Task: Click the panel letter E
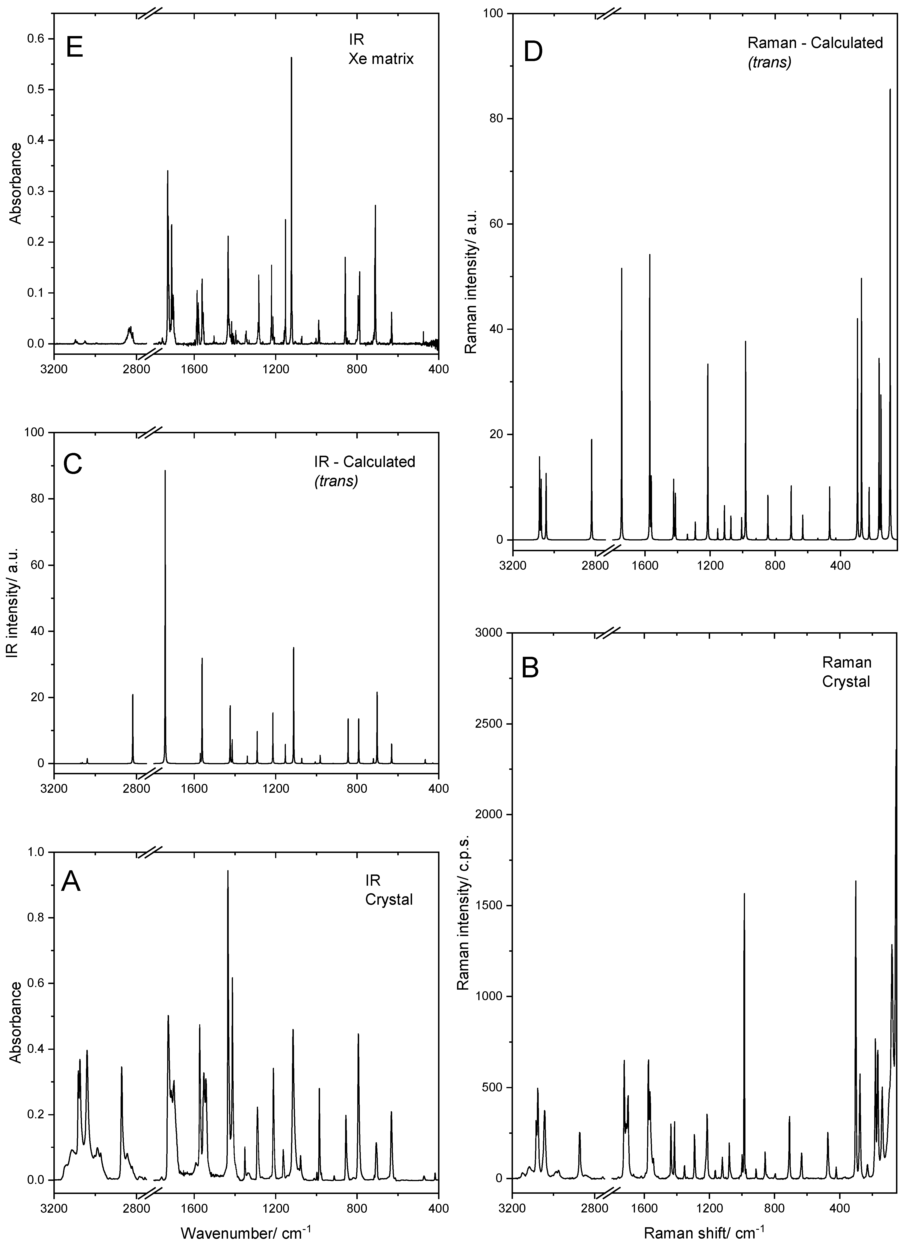(x=74, y=48)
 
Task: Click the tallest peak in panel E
(x=291, y=58)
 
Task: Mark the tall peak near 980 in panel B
(x=745, y=895)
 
